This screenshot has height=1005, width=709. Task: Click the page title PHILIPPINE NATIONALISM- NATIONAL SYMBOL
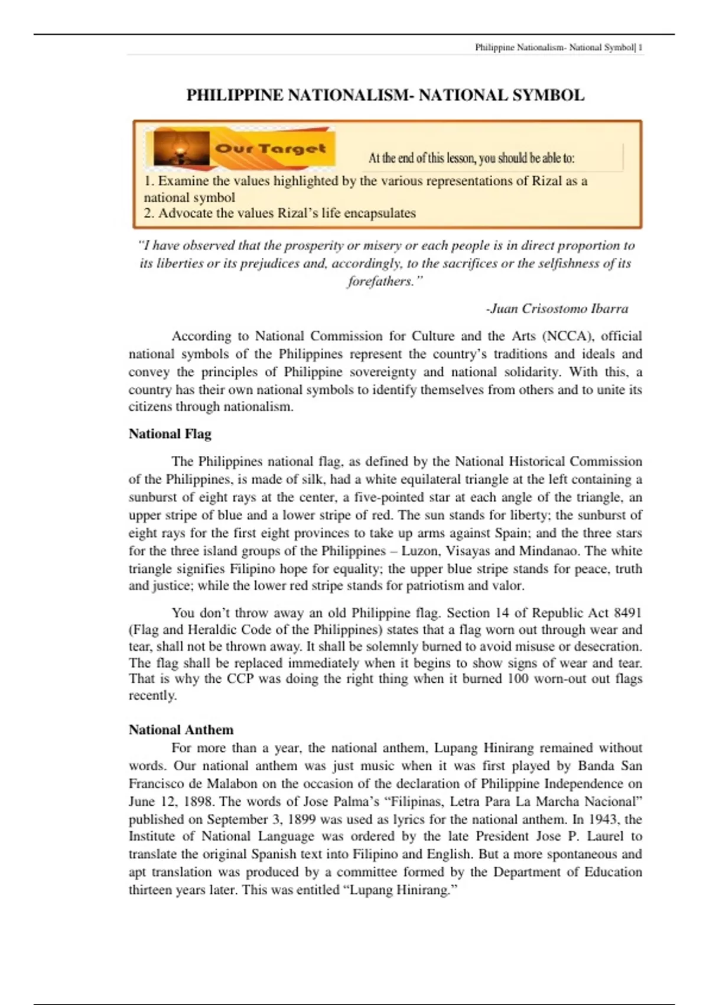pyautogui.click(x=385, y=95)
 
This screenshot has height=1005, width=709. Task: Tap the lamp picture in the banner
pyautogui.click(x=181, y=148)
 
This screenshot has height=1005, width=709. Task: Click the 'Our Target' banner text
pyautogui.click(x=271, y=148)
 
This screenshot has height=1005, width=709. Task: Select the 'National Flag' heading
pyautogui.click(x=170, y=434)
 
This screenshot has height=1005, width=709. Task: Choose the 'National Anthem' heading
pyautogui.click(x=181, y=730)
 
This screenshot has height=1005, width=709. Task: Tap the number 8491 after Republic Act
pyautogui.click(x=627, y=613)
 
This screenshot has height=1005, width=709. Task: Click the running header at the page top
pyautogui.click(x=558, y=47)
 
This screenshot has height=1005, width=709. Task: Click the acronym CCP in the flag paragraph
pyautogui.click(x=240, y=679)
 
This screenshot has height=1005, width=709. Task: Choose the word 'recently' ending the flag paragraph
pyautogui.click(x=152, y=696)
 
